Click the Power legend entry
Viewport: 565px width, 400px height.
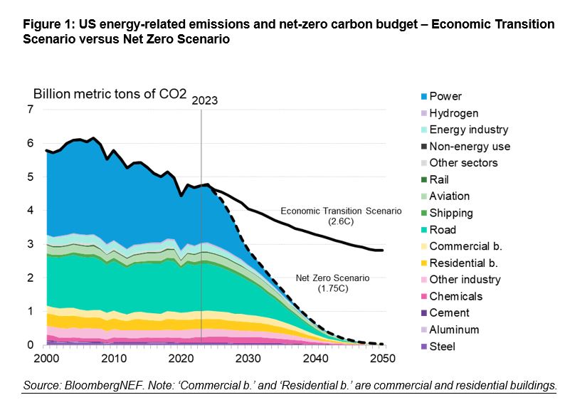(x=445, y=96)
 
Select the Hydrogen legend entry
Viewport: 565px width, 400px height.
(x=453, y=113)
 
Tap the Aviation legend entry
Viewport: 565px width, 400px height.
(x=449, y=196)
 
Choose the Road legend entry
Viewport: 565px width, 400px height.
(x=443, y=230)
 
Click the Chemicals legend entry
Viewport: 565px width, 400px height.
(x=455, y=296)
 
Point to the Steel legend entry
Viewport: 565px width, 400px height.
(x=442, y=347)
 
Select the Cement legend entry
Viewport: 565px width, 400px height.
(x=449, y=313)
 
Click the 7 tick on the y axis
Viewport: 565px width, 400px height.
(x=30, y=110)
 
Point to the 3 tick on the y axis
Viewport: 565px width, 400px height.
(x=30, y=244)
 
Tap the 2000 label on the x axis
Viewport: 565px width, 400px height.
(x=46, y=359)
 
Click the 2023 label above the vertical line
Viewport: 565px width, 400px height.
(x=204, y=100)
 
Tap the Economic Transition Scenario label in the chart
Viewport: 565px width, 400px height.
(x=340, y=211)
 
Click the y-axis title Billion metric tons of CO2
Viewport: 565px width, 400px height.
(x=105, y=94)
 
